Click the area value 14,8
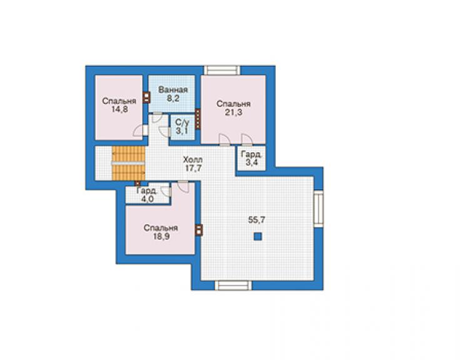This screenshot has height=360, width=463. click(x=120, y=110)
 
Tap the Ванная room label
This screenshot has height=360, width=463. click(x=173, y=90)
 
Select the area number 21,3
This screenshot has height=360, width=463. click(x=233, y=112)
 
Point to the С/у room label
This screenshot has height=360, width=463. click(x=182, y=122)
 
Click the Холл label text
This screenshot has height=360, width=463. click(x=193, y=160)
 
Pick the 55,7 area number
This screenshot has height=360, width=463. click(x=257, y=220)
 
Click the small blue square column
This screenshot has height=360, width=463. click(x=258, y=236)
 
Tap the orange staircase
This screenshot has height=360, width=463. click(x=128, y=163)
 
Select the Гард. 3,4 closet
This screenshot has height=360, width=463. click(x=252, y=158)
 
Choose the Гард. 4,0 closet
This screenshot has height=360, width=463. click(x=148, y=195)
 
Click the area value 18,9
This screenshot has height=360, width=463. click(x=161, y=237)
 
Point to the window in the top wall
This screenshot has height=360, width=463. click(x=221, y=70)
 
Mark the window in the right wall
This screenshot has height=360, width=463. click(x=318, y=208)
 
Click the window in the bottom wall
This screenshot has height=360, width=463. click(x=233, y=285)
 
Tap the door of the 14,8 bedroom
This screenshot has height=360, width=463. click(x=141, y=130)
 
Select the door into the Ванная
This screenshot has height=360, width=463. click(x=157, y=116)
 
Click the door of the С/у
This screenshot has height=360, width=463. click(x=165, y=131)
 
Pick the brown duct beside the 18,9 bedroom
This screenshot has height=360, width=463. click(x=200, y=230)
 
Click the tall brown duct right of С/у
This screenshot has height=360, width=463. click(x=198, y=119)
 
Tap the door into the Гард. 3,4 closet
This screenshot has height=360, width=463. click(x=247, y=140)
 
